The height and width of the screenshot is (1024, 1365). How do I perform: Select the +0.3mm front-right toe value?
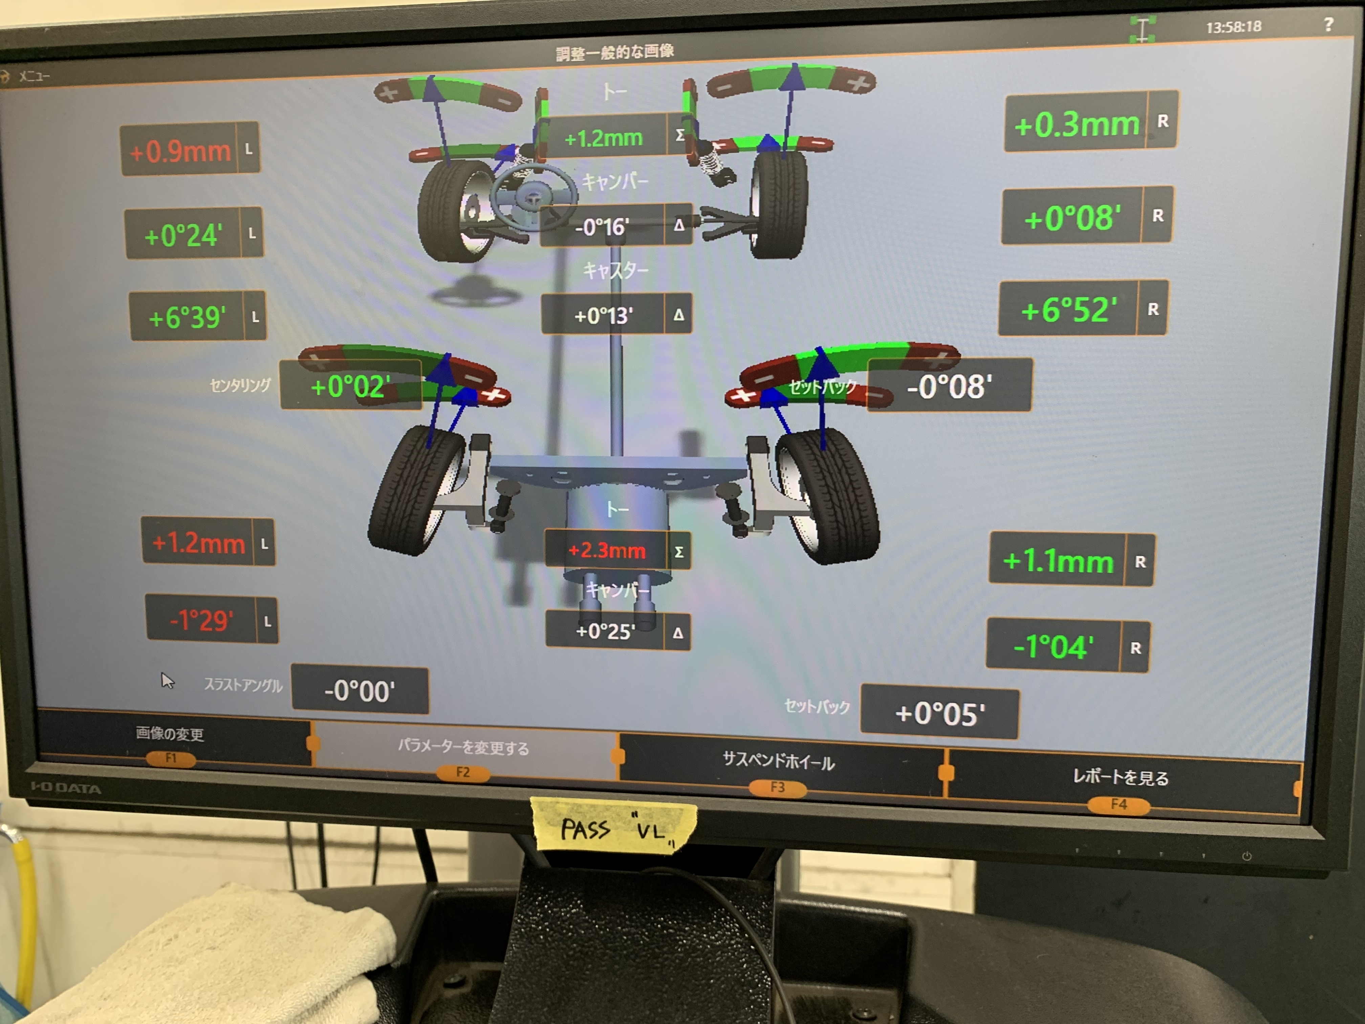click(1077, 124)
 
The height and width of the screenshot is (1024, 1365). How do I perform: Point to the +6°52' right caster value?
click(1069, 309)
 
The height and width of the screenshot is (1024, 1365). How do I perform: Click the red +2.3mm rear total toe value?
click(607, 550)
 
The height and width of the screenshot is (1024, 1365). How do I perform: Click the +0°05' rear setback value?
click(940, 713)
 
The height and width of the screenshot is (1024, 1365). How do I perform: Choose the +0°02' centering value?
click(350, 386)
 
